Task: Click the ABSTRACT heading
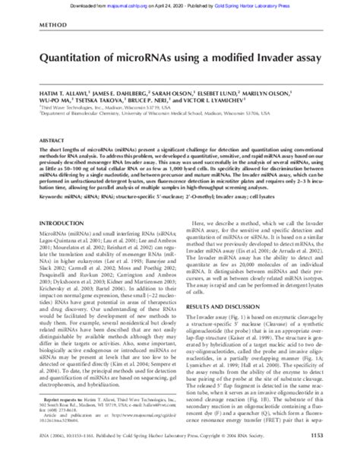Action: point(49,141)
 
